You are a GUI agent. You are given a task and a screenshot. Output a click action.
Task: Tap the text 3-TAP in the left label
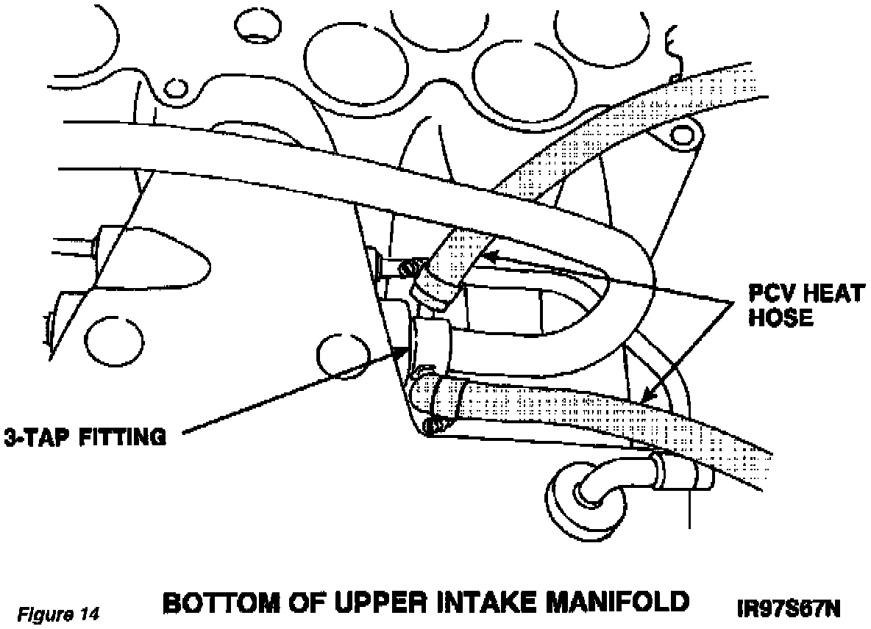point(32,438)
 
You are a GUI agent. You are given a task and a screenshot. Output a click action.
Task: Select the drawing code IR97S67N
point(788,609)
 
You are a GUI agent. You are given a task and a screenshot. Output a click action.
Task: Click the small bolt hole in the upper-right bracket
point(683,134)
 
